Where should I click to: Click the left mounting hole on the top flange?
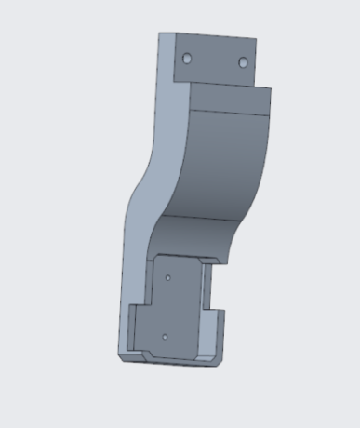(186, 58)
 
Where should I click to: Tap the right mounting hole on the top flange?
(243, 62)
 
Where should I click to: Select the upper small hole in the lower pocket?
(167, 276)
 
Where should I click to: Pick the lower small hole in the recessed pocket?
(164, 336)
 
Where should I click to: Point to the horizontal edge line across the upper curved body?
(228, 112)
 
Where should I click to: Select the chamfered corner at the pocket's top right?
(221, 258)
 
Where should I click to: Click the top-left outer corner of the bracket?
(159, 33)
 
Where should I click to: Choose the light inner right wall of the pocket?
(199, 307)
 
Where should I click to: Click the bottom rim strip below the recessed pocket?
(177, 360)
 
